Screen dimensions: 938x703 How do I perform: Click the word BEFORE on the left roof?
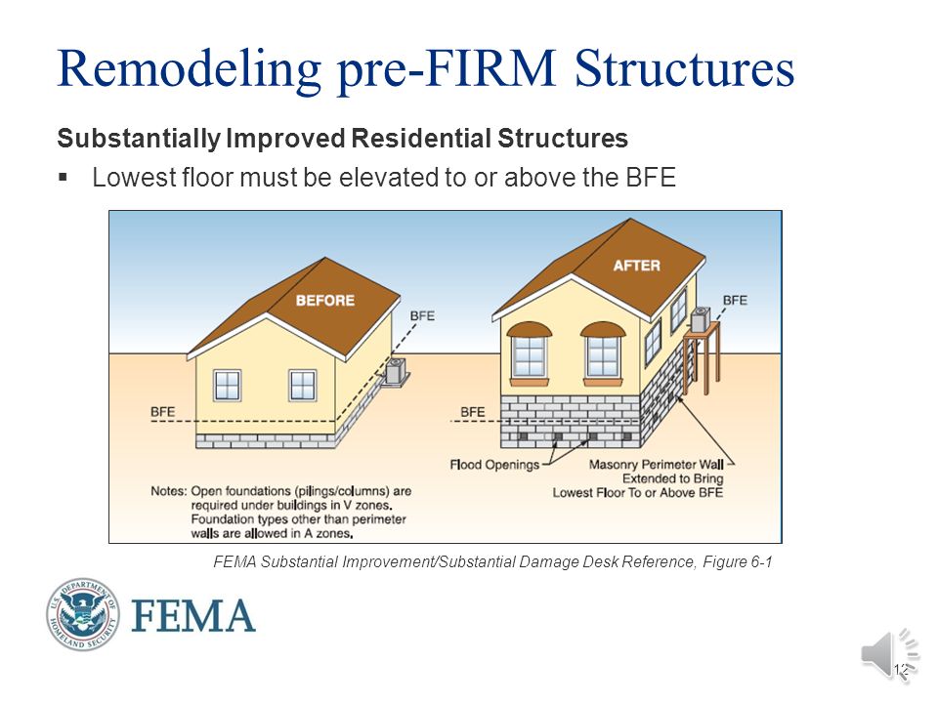[x=324, y=300]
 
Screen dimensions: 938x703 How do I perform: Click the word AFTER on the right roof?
[x=636, y=266]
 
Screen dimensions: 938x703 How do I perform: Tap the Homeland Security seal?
[x=82, y=614]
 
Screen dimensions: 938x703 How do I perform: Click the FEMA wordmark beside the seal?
[x=193, y=616]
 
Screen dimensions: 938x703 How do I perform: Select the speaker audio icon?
[x=889, y=654]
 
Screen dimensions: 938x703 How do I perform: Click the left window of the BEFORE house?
[x=228, y=385]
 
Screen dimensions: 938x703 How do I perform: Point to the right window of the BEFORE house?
[x=302, y=385]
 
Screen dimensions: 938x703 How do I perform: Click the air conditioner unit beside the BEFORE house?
[x=396, y=371]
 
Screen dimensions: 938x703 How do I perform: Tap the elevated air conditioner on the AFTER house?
[x=701, y=320]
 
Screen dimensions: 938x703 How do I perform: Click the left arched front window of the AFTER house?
[x=529, y=352]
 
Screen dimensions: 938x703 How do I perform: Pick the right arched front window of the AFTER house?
[x=603, y=352]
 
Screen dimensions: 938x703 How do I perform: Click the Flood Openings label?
[x=494, y=465]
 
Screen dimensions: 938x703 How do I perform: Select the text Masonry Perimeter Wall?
[x=657, y=465]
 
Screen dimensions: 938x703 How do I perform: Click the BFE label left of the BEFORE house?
[x=163, y=412]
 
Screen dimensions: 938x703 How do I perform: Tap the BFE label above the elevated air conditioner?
[x=735, y=300]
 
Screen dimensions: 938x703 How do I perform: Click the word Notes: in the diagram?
[x=169, y=491]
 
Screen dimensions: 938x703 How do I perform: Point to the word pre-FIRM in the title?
[x=447, y=69]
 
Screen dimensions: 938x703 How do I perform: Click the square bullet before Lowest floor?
[x=63, y=177]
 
